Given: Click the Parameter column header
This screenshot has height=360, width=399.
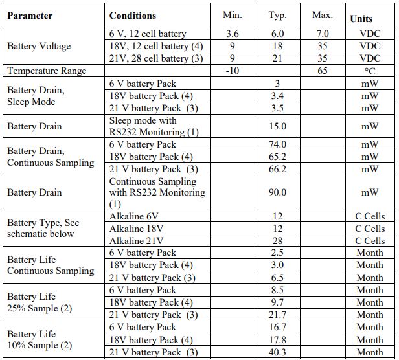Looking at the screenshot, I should point(30,16).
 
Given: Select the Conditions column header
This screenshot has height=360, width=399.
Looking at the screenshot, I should point(133,16).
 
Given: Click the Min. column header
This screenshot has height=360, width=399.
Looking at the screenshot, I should point(232,15).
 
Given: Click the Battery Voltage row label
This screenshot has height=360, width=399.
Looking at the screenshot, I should point(39,46).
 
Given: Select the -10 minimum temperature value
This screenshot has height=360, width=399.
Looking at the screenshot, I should point(232,71).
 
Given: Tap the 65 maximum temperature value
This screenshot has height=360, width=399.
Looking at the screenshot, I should point(323,71).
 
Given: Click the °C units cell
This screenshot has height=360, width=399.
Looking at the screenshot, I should point(370,71).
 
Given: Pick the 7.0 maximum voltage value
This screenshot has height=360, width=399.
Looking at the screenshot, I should point(323,34).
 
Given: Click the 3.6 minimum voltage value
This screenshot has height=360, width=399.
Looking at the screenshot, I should point(232,34).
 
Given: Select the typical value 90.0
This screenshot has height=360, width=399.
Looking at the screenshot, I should point(277,192).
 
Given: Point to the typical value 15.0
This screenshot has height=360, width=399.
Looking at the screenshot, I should point(277,126).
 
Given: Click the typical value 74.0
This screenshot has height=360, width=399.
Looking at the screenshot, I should point(277,144).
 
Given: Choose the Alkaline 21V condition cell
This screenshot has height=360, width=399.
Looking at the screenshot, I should point(136,241).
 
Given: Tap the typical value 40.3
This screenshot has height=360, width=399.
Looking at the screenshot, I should point(277,352).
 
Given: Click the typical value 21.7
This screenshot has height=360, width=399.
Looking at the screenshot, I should point(277,315).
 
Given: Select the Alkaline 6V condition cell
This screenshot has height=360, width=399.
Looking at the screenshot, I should point(133,216).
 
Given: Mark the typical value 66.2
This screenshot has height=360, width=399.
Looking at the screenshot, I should point(277,169).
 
